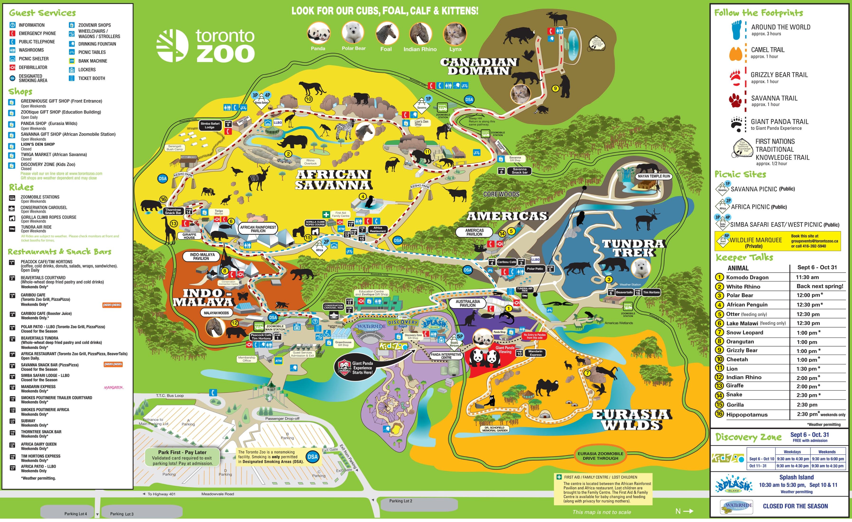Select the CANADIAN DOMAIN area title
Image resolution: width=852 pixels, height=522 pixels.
479,66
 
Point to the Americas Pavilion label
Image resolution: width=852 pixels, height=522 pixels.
474,232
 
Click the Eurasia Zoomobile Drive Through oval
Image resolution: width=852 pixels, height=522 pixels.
600,456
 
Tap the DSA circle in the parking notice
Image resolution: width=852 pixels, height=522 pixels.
312,457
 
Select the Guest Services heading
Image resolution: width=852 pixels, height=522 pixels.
42,13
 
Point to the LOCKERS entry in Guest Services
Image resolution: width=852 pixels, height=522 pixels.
87,70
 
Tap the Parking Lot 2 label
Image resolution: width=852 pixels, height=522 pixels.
400,501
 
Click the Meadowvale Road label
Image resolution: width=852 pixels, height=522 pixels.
218,494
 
